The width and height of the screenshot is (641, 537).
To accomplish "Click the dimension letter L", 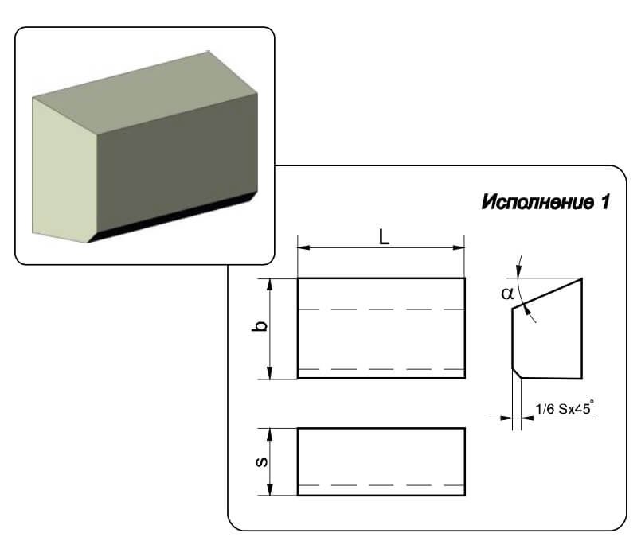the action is [384, 237].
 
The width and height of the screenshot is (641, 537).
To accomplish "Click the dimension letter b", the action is [260, 326].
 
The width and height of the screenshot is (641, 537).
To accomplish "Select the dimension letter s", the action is [261, 462].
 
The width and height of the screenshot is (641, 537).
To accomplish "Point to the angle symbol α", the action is [508, 294].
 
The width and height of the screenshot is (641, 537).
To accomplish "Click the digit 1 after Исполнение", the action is [605, 202].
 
